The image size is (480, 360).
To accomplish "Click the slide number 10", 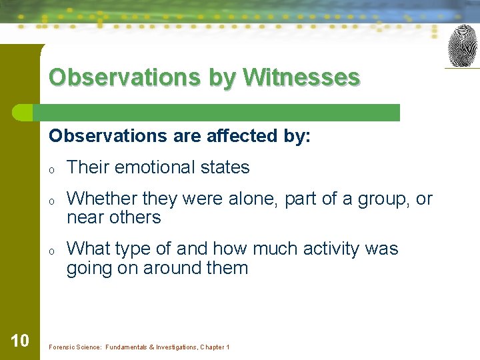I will [20, 341].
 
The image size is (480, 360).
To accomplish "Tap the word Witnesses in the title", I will [301, 77].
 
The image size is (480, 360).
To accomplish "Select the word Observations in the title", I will [124, 77].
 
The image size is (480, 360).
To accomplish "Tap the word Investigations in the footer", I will [171, 347].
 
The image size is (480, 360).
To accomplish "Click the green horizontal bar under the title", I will [220, 113].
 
